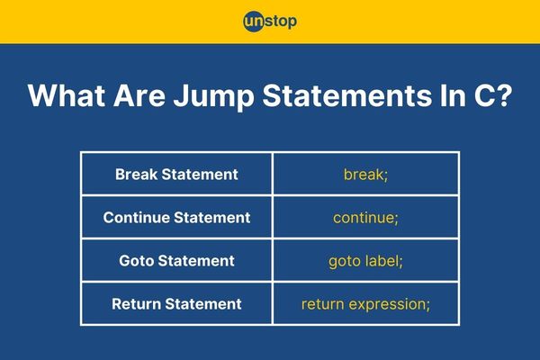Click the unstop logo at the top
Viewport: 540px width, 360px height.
click(270, 22)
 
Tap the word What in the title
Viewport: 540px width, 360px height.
click(67, 95)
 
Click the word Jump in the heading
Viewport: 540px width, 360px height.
click(213, 96)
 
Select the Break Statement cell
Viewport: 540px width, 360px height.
click(176, 175)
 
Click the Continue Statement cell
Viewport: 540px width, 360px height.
click(176, 218)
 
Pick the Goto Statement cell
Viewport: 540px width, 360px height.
click(176, 261)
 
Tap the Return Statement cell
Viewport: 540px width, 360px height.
click(176, 304)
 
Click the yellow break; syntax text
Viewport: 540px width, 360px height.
click(365, 175)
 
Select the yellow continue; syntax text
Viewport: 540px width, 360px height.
click(365, 218)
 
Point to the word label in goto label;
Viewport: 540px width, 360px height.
click(383, 261)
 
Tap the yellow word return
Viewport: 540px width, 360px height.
click(323, 304)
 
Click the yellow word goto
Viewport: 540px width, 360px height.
click(345, 262)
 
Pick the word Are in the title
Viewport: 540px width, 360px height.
click(139, 95)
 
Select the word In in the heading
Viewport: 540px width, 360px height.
click(453, 95)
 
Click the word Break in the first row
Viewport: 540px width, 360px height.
click(137, 175)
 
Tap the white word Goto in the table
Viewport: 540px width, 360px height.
click(137, 261)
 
